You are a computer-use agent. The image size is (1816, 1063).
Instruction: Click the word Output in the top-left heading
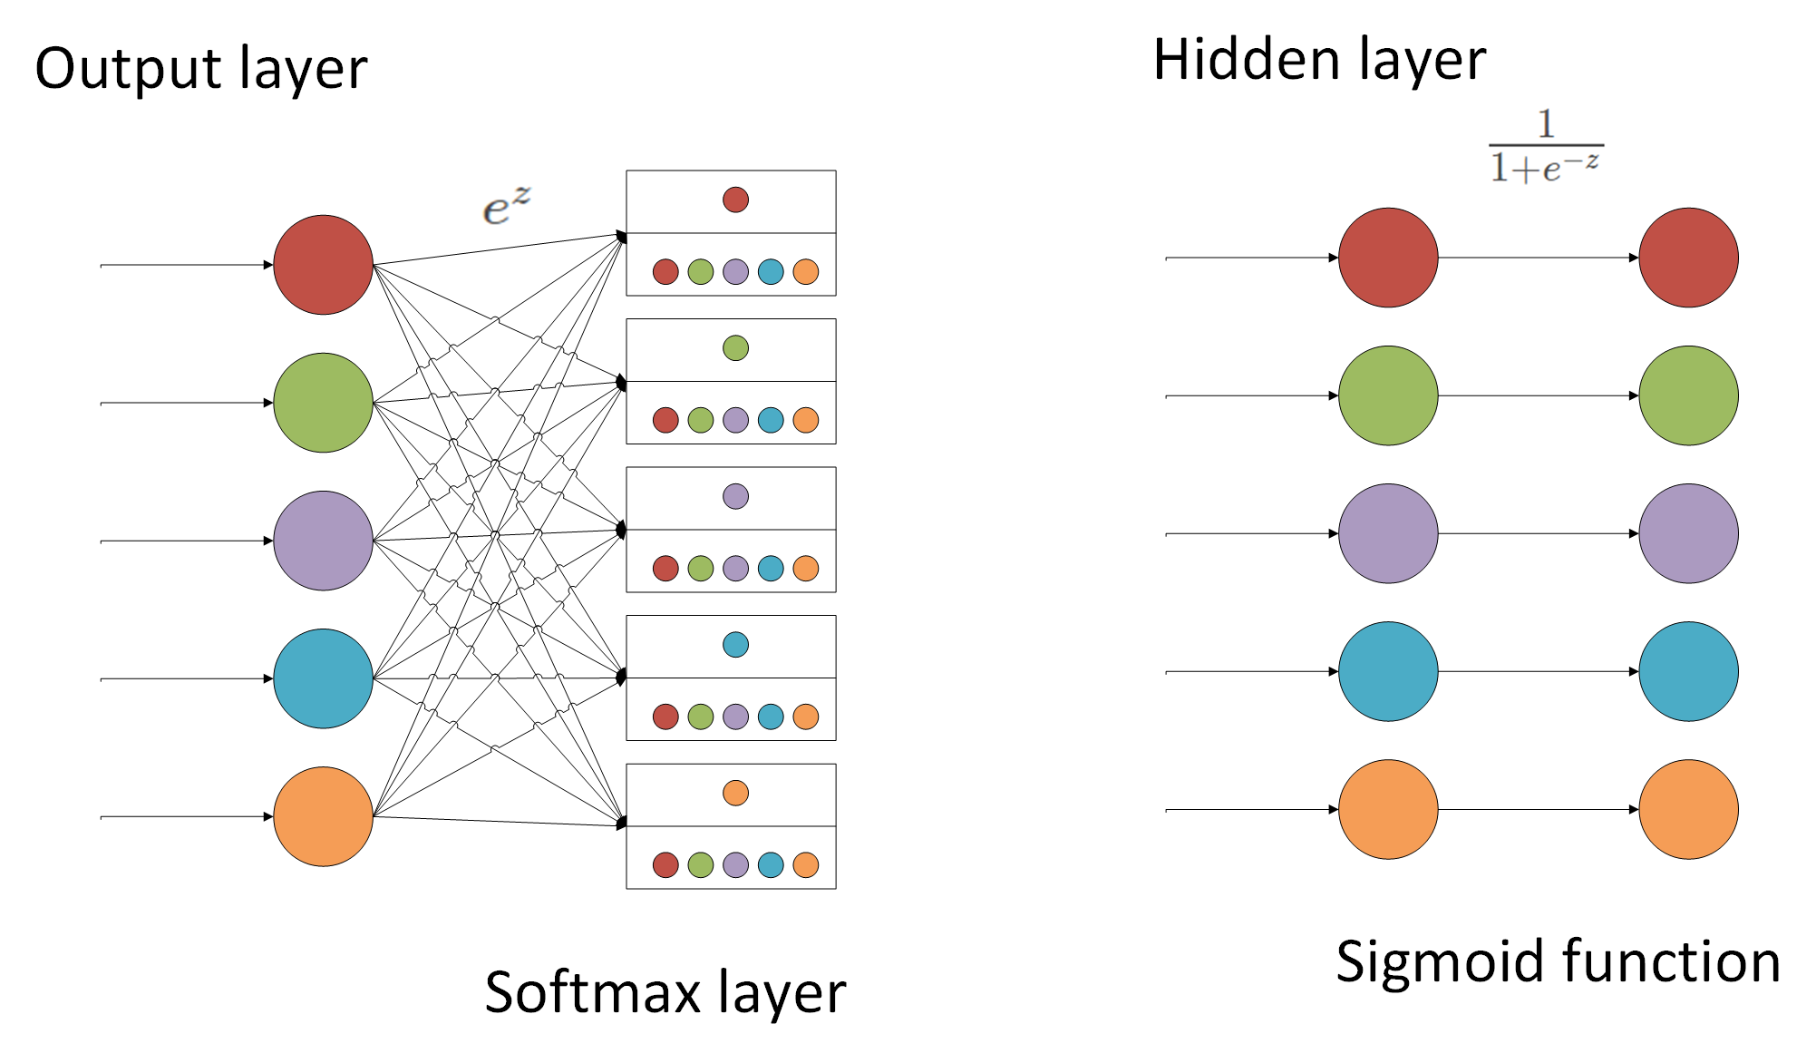(x=127, y=69)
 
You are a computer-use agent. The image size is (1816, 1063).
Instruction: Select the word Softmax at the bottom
(x=592, y=992)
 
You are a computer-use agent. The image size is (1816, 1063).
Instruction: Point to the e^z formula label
(x=505, y=207)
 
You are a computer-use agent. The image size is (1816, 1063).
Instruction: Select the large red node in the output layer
(x=323, y=265)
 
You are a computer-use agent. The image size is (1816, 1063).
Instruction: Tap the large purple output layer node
(x=323, y=541)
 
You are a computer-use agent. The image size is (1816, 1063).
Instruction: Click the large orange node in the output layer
(x=323, y=816)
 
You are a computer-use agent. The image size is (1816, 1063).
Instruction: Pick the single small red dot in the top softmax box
(x=735, y=200)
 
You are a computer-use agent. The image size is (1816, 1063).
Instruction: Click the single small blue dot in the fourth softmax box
(x=735, y=645)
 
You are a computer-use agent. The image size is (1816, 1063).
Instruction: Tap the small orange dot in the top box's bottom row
(x=805, y=271)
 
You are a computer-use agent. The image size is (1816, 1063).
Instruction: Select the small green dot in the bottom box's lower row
(x=700, y=864)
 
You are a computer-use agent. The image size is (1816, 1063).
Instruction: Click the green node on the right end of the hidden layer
(x=1688, y=395)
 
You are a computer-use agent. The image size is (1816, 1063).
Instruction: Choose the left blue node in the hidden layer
(x=1387, y=671)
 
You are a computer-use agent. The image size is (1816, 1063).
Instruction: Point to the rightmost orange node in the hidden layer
(x=1688, y=809)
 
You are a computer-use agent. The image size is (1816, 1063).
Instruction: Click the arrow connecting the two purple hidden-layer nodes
(x=1538, y=533)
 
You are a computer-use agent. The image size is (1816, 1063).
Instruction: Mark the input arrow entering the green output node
(x=186, y=403)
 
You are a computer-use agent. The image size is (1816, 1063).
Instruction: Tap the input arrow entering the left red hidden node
(x=1251, y=258)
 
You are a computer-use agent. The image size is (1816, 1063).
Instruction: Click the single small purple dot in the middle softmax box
(x=735, y=496)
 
